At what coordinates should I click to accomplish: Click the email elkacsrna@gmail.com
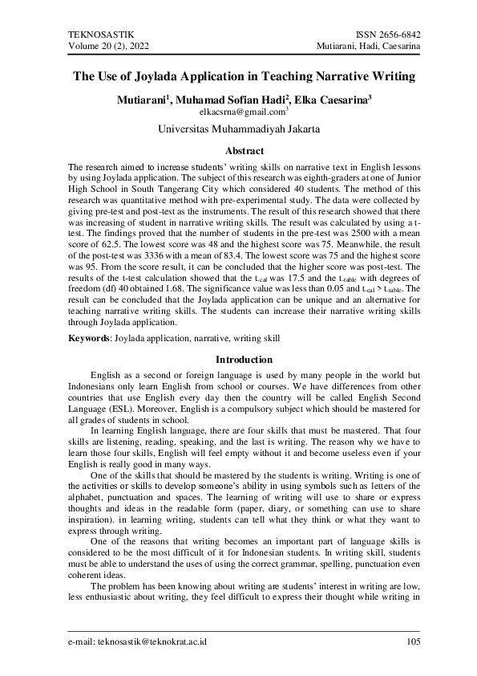tap(236, 112)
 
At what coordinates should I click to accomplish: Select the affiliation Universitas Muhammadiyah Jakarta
tap(239, 128)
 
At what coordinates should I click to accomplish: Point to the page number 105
tap(413, 641)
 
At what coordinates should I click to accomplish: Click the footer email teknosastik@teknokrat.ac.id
tap(138, 641)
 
